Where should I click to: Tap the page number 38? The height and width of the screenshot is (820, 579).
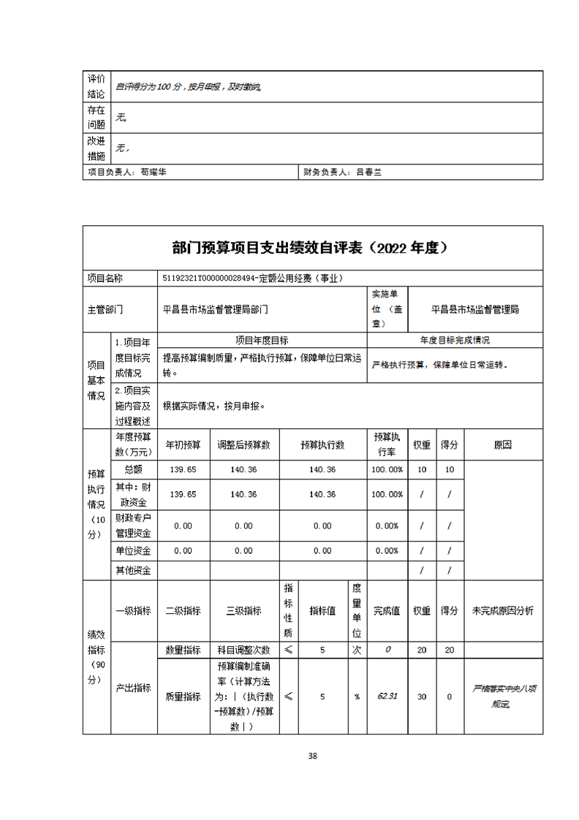pyautogui.click(x=312, y=756)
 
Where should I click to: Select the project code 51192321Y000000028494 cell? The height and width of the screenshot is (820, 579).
pyautogui.click(x=252, y=278)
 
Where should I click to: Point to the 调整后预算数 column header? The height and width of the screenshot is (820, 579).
pyautogui.click(x=244, y=444)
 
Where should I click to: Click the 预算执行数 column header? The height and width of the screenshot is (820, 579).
pyautogui.click(x=322, y=444)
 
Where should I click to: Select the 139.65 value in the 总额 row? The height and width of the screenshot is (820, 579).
pyautogui.click(x=183, y=469)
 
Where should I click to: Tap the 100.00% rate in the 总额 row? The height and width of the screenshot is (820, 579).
pyautogui.click(x=387, y=469)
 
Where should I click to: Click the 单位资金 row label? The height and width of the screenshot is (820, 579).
pyautogui.click(x=134, y=550)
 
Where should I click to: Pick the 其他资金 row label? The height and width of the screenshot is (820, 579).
pyautogui.click(x=134, y=570)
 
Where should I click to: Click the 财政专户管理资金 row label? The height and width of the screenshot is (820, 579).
pyautogui.click(x=134, y=525)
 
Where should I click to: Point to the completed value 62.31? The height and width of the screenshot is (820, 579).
pyautogui.click(x=387, y=696)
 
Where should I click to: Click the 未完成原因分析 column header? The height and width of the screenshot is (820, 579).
pyautogui.click(x=503, y=611)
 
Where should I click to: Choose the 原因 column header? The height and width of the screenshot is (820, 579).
pyautogui.click(x=503, y=444)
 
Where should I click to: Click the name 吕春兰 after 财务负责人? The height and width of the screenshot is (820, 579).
pyautogui.click(x=369, y=172)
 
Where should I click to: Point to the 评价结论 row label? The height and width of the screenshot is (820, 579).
pyautogui.click(x=96, y=86)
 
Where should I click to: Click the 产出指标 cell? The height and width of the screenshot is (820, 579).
pyautogui.click(x=134, y=688)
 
